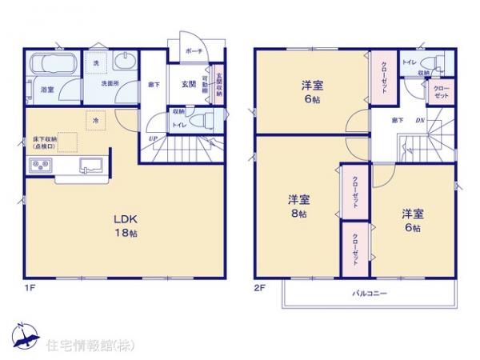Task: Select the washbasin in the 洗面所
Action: (x=125, y=62)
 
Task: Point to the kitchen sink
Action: (x=89, y=166)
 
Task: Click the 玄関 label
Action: (x=189, y=82)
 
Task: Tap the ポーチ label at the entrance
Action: (x=193, y=50)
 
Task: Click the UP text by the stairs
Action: (x=152, y=140)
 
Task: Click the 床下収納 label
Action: (x=45, y=140)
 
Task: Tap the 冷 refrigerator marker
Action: (x=95, y=120)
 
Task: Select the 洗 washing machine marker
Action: (x=96, y=62)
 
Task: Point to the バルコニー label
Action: (x=370, y=294)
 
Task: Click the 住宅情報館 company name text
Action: (x=85, y=346)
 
